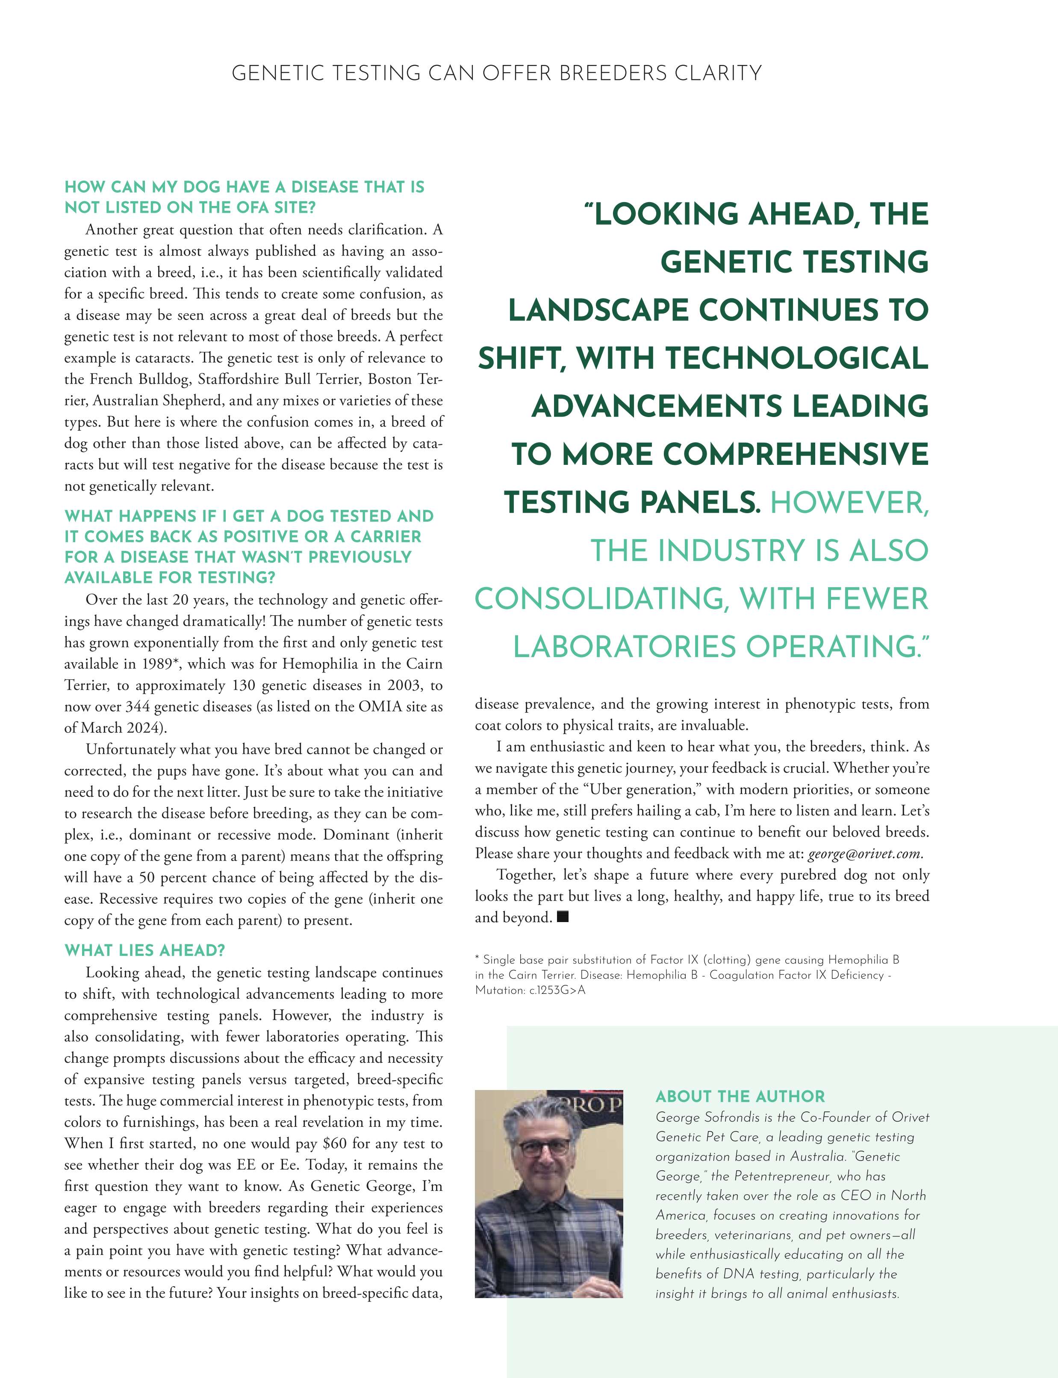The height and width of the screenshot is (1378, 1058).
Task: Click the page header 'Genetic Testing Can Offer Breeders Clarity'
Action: (496, 73)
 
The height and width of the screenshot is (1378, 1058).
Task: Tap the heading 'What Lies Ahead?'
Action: (145, 950)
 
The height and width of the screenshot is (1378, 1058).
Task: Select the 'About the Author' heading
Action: (740, 1096)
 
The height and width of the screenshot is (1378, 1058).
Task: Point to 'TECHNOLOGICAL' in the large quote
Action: (797, 358)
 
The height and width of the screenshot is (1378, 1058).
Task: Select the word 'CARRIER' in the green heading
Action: (386, 536)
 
